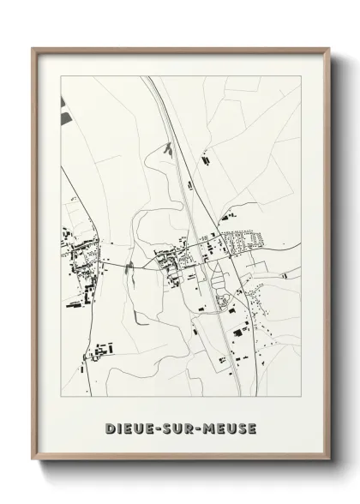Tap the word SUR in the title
182,428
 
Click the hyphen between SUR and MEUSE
202,429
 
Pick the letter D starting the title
110,428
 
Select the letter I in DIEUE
120,428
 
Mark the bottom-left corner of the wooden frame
33,460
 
